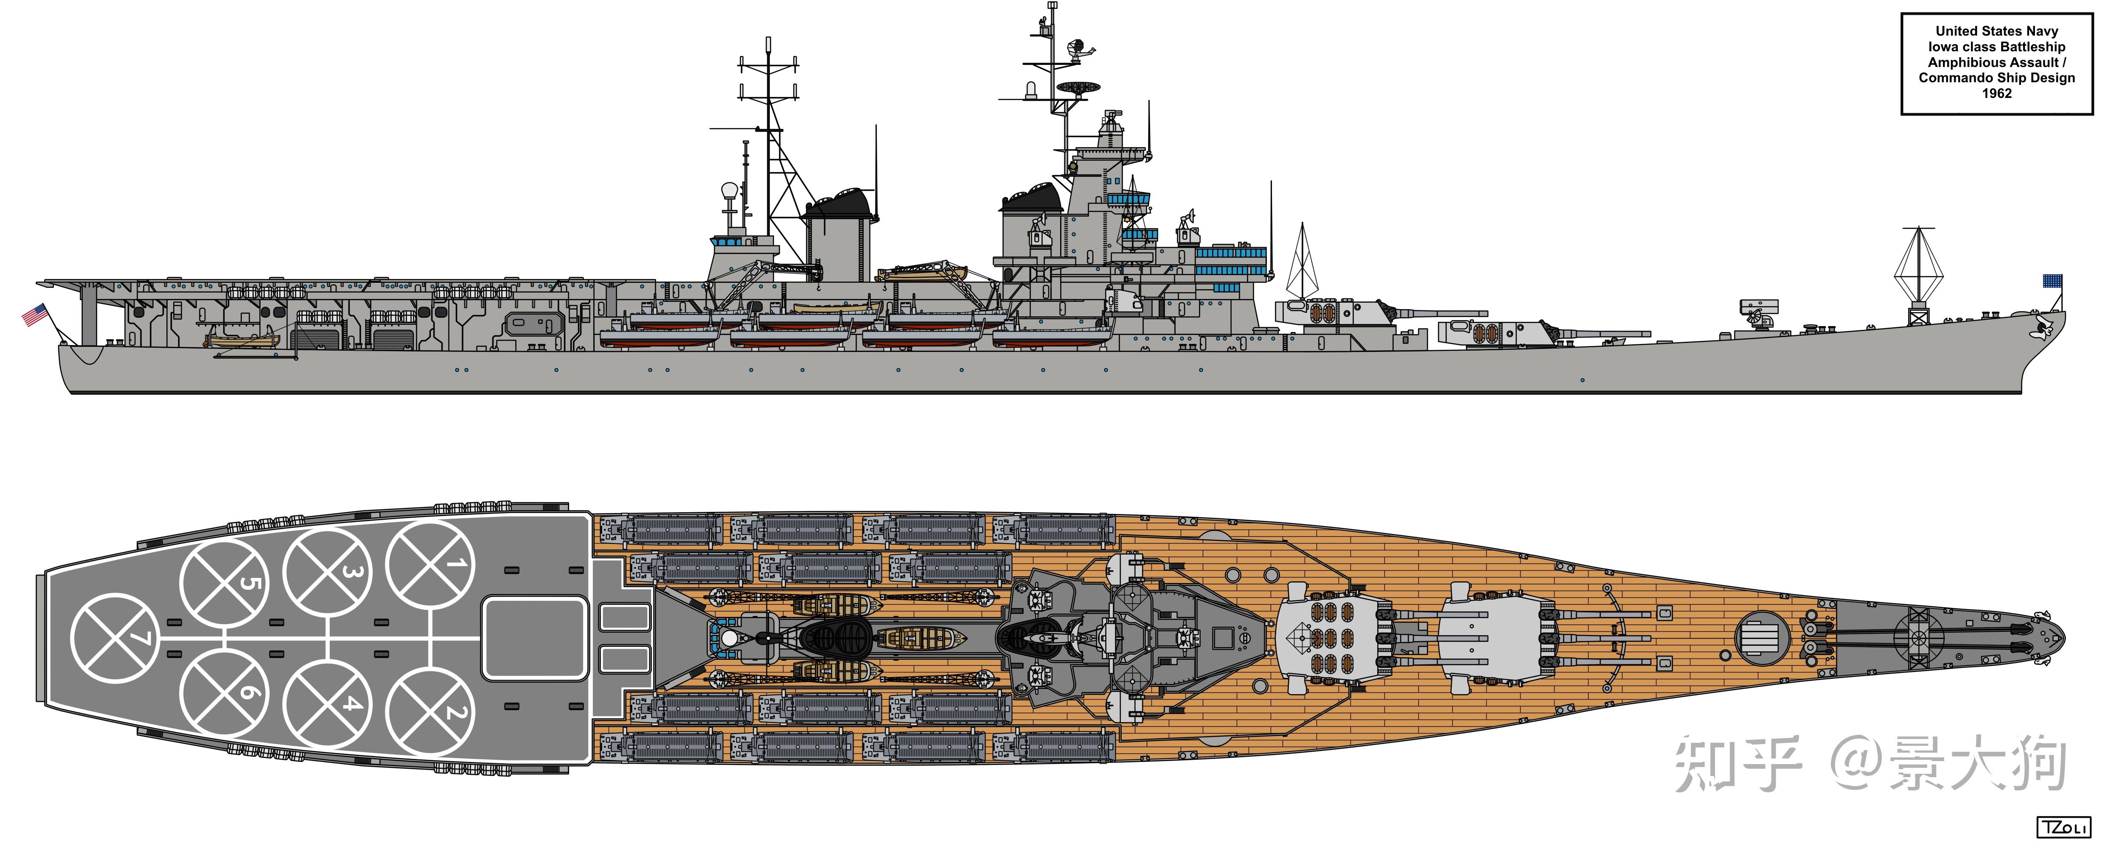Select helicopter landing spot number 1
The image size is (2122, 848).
(430, 565)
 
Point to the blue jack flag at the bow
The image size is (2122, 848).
(2052, 282)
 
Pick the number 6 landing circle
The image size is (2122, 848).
(224, 693)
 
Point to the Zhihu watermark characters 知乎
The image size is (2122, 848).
(1738, 764)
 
